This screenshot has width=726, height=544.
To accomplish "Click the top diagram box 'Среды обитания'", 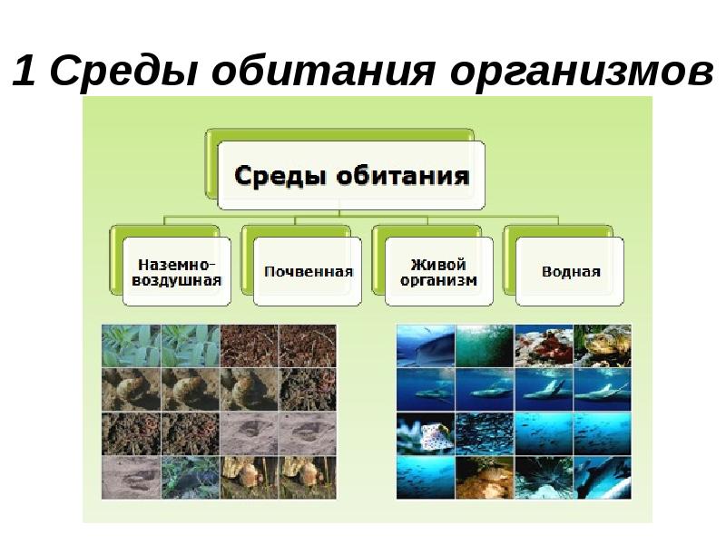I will [x=352, y=175].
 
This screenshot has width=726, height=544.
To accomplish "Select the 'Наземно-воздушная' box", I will [x=178, y=271].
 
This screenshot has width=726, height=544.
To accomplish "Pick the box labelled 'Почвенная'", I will [x=309, y=271].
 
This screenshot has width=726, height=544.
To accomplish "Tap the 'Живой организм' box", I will [x=439, y=271].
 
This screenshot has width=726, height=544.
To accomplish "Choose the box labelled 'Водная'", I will [x=570, y=271].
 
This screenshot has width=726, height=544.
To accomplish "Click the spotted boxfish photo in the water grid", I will [x=425, y=433].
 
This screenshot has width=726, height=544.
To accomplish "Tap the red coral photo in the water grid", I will [x=544, y=345].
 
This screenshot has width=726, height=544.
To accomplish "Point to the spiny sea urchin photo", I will [x=544, y=477].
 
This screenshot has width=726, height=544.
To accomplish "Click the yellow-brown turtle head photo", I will [x=603, y=345].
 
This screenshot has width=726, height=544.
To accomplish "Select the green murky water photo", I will [x=484, y=345].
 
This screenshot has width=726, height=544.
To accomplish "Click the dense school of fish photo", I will [x=484, y=433].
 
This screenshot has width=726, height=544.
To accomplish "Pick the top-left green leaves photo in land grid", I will [x=131, y=345].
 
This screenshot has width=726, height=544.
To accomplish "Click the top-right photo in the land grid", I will [x=308, y=345].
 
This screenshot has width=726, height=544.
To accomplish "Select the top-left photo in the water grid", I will [x=425, y=345].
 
